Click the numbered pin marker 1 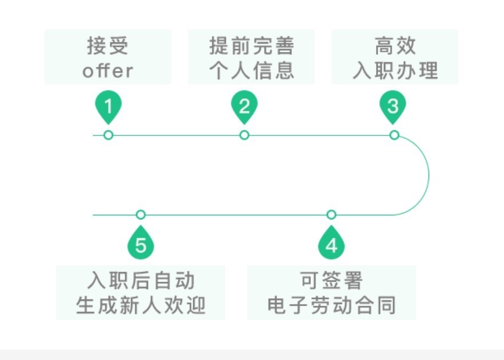click(109, 107)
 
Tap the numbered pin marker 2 click(244, 107)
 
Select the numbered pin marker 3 click(393, 107)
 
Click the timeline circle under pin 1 click(109, 135)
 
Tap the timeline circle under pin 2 click(244, 135)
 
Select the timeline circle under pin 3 click(394, 135)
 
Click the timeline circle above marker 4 click(331, 215)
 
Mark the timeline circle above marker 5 click(141, 215)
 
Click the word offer click(108, 71)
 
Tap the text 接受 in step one click(108, 46)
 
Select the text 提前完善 click(251, 46)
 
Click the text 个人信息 click(251, 71)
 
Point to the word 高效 click(395, 46)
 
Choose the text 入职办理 click(395, 71)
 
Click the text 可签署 click(331, 281)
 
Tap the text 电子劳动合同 click(331, 306)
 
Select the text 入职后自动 click(141, 281)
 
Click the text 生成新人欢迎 click(141, 306)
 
